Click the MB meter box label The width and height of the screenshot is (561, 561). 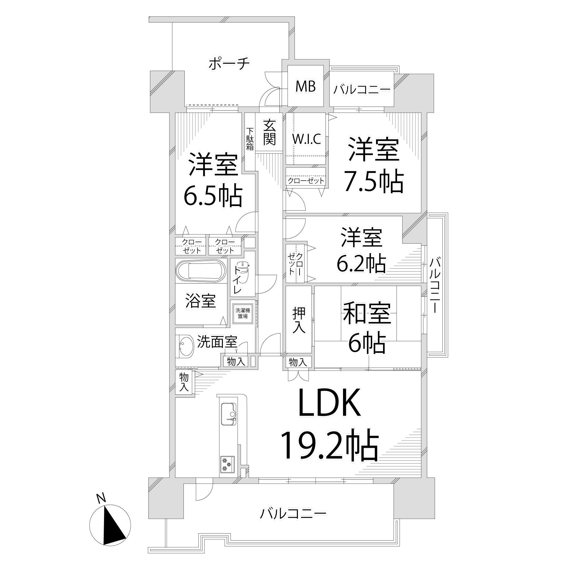coord(305,86)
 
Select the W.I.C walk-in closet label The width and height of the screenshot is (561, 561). coord(307,139)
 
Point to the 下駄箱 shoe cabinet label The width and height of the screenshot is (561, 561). coord(250,139)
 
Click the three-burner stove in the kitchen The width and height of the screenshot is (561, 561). coord(227,472)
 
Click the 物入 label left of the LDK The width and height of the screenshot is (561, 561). coord(184,382)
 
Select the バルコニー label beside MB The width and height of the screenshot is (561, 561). coord(362,89)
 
